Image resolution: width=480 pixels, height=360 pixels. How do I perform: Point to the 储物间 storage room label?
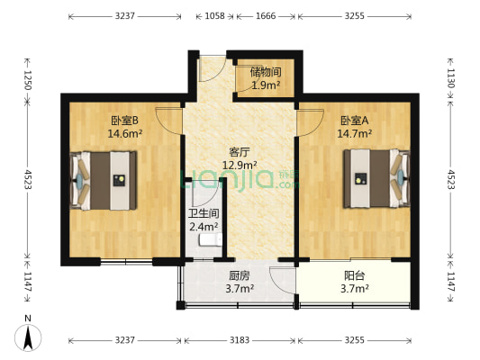click(x=265, y=73)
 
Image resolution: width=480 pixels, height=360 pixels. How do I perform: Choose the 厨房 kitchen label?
click(x=240, y=276)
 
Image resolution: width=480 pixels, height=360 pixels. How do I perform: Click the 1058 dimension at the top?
click(x=214, y=16)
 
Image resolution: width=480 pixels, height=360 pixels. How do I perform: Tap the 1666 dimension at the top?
click(x=266, y=16)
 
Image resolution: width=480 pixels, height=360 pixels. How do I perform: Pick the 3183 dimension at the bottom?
click(x=240, y=341)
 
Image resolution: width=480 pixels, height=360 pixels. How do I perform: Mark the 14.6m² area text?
click(x=125, y=134)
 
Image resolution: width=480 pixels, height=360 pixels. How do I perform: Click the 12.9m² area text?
click(x=240, y=165)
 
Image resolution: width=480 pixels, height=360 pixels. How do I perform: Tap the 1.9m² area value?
click(x=265, y=85)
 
